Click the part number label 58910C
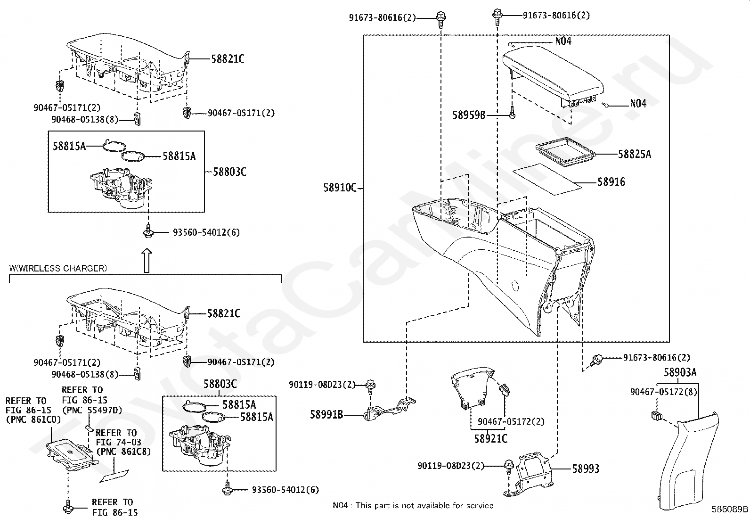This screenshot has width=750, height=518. [x=340, y=188]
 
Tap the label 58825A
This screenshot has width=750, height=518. [x=634, y=154]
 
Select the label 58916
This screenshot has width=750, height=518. [x=611, y=182]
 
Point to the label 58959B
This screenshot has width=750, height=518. [x=469, y=115]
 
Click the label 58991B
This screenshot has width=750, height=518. [x=326, y=415]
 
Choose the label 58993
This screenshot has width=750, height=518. [x=586, y=469]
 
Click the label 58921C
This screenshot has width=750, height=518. [x=490, y=439]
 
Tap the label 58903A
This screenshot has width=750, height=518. [x=680, y=372]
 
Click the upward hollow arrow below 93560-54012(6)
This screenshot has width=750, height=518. [x=147, y=261]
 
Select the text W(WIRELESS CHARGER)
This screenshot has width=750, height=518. [x=58, y=268]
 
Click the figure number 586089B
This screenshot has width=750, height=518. [x=729, y=510]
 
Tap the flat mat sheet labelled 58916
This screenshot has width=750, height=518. [x=547, y=179]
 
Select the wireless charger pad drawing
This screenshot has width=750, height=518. [x=71, y=454]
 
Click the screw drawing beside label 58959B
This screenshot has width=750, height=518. [x=512, y=114]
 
